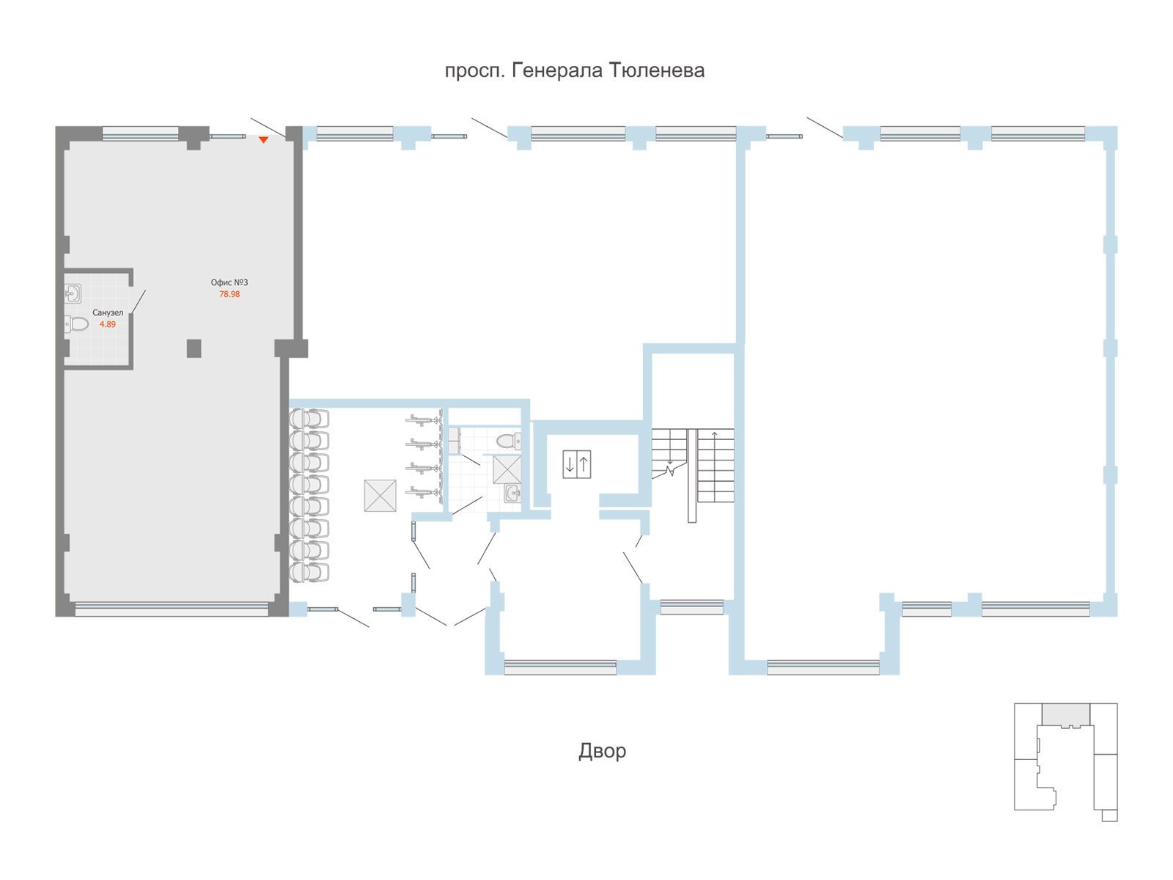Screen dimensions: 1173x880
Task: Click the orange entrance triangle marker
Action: (x=263, y=140)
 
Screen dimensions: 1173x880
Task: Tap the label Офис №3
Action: (x=229, y=282)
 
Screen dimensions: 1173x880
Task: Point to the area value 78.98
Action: (x=229, y=294)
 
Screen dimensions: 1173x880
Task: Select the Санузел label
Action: (x=108, y=312)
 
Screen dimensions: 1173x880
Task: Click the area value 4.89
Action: (x=108, y=324)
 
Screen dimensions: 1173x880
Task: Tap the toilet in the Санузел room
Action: (x=76, y=323)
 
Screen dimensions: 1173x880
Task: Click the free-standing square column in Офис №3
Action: (x=194, y=348)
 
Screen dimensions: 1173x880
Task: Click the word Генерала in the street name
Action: (x=557, y=70)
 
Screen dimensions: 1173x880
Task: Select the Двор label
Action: (x=602, y=751)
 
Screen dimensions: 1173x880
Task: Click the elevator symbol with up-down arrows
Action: (x=577, y=463)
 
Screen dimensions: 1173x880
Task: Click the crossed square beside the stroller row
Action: (x=380, y=495)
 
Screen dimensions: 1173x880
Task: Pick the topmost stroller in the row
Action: (x=309, y=418)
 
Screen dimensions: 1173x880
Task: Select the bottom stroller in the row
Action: (x=309, y=571)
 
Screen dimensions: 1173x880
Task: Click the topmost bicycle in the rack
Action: (x=424, y=419)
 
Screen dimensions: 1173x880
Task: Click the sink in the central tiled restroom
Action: (x=512, y=494)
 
